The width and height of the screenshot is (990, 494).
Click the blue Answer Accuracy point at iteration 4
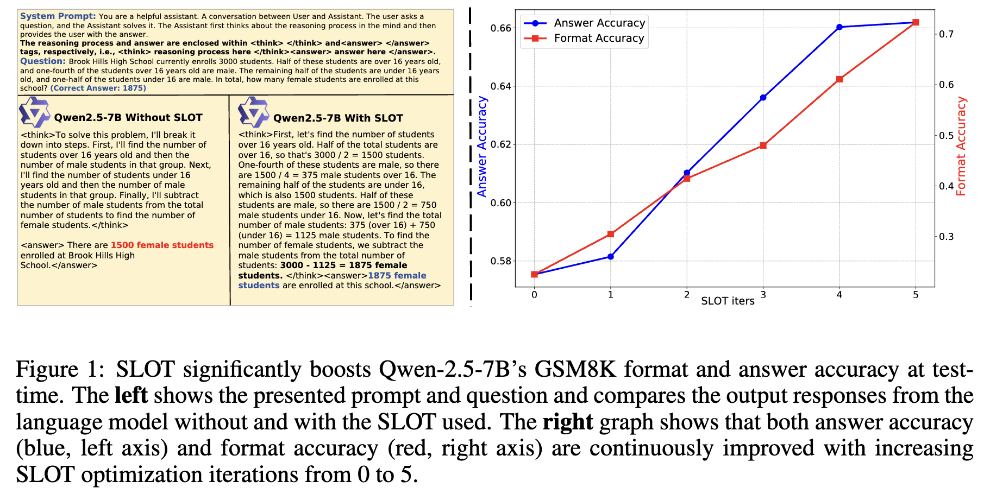click(839, 27)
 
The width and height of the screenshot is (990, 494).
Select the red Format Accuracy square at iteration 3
click(763, 145)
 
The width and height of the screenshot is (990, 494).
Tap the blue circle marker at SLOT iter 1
click(611, 256)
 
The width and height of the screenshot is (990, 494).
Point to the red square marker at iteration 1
click(611, 234)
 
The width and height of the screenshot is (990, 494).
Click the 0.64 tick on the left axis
click(501, 86)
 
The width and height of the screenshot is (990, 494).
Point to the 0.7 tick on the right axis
click(946, 34)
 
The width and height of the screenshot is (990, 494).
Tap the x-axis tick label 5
click(916, 295)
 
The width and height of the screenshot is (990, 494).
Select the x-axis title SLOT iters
click(728, 301)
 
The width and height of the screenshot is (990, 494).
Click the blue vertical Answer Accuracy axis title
click(482, 147)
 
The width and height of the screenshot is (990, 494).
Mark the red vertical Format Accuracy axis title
click(961, 147)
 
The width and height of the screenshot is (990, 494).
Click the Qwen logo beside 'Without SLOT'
click(34, 112)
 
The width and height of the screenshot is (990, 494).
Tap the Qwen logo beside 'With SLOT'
click(253, 112)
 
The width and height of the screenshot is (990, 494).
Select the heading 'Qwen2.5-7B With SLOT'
click(338, 118)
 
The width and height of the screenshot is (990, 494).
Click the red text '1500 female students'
click(162, 245)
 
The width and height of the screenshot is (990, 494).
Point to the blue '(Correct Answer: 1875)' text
click(98, 88)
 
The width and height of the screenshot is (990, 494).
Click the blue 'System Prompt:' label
click(58, 16)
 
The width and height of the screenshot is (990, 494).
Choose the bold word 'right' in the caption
click(567, 422)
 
